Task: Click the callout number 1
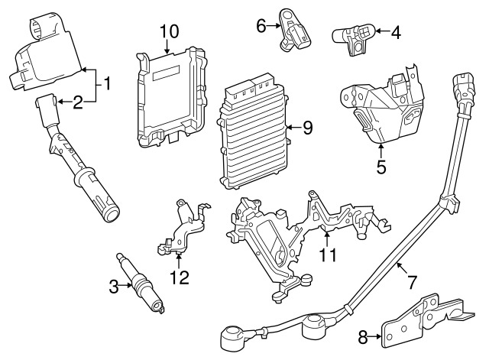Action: tap(108, 83)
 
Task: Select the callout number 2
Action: tap(77, 101)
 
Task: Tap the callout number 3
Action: tap(113, 287)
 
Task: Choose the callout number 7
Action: tap(412, 281)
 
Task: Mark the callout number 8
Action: tap(363, 335)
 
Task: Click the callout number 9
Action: tap(307, 128)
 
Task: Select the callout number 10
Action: tap(169, 31)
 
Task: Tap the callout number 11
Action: tap(327, 255)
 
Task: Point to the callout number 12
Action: tap(179, 276)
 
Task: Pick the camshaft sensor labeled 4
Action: tap(353, 38)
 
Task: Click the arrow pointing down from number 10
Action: tap(169, 47)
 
